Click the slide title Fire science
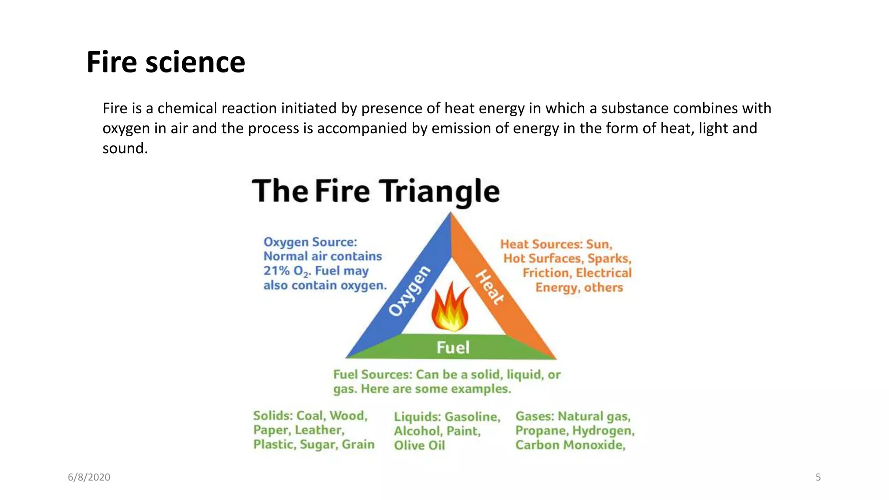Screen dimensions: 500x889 pyautogui.click(x=166, y=62)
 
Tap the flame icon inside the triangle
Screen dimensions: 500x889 pyautogui.click(x=451, y=307)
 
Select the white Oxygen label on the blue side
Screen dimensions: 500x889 pyautogui.click(x=409, y=291)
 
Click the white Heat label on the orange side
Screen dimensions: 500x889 pyautogui.click(x=490, y=287)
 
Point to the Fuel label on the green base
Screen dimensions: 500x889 pyautogui.click(x=453, y=347)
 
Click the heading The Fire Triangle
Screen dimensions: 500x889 pyautogui.click(x=375, y=191)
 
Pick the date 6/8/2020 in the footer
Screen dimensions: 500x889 pyautogui.click(x=89, y=477)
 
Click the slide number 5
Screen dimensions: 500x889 pyautogui.click(x=818, y=477)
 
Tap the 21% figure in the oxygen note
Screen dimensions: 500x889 pyautogui.click(x=277, y=271)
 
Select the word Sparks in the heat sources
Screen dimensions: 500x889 pyautogui.click(x=609, y=259)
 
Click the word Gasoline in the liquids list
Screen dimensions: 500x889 pyautogui.click(x=473, y=417)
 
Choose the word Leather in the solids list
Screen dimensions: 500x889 pyautogui.click(x=319, y=430)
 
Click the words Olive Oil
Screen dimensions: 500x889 pyautogui.click(x=419, y=445)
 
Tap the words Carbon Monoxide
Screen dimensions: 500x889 pyautogui.click(x=570, y=445)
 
